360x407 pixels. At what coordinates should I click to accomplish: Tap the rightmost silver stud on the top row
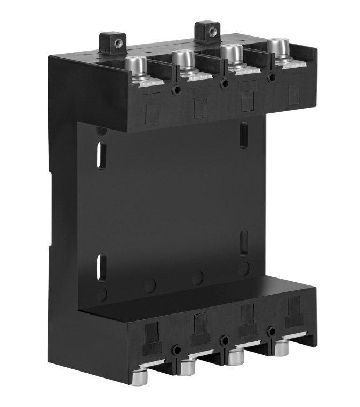[277, 46]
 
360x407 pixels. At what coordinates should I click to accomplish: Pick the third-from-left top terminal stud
[231, 53]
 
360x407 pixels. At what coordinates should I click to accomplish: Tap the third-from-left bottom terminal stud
[235, 356]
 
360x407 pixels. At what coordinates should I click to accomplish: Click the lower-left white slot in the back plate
[101, 267]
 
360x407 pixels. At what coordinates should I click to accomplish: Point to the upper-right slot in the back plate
[243, 134]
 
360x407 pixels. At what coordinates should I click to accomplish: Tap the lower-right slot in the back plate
[243, 242]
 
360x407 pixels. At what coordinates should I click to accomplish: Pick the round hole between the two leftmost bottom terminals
[176, 351]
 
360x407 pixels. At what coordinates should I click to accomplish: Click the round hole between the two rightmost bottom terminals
[272, 331]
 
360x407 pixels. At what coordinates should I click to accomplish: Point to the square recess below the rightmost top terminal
[294, 94]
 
